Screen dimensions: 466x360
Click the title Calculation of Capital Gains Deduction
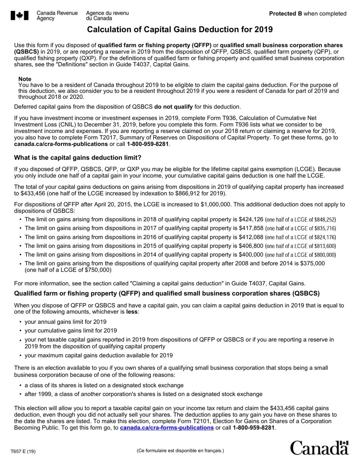coord(180,30)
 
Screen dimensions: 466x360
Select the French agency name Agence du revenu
coord(107,13)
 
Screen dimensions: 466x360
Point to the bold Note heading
coord(25,79)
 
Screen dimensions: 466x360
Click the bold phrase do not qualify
coord(173,107)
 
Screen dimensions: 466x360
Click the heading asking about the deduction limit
coord(77,158)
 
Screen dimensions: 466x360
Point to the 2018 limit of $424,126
coord(251,219)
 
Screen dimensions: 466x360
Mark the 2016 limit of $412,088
coord(251,237)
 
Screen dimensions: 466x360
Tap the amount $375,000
coord(312,263)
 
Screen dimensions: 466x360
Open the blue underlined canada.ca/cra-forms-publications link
coord(167,428)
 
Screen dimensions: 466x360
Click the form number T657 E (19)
coord(23,451)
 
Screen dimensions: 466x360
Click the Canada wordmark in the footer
coord(319,448)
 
